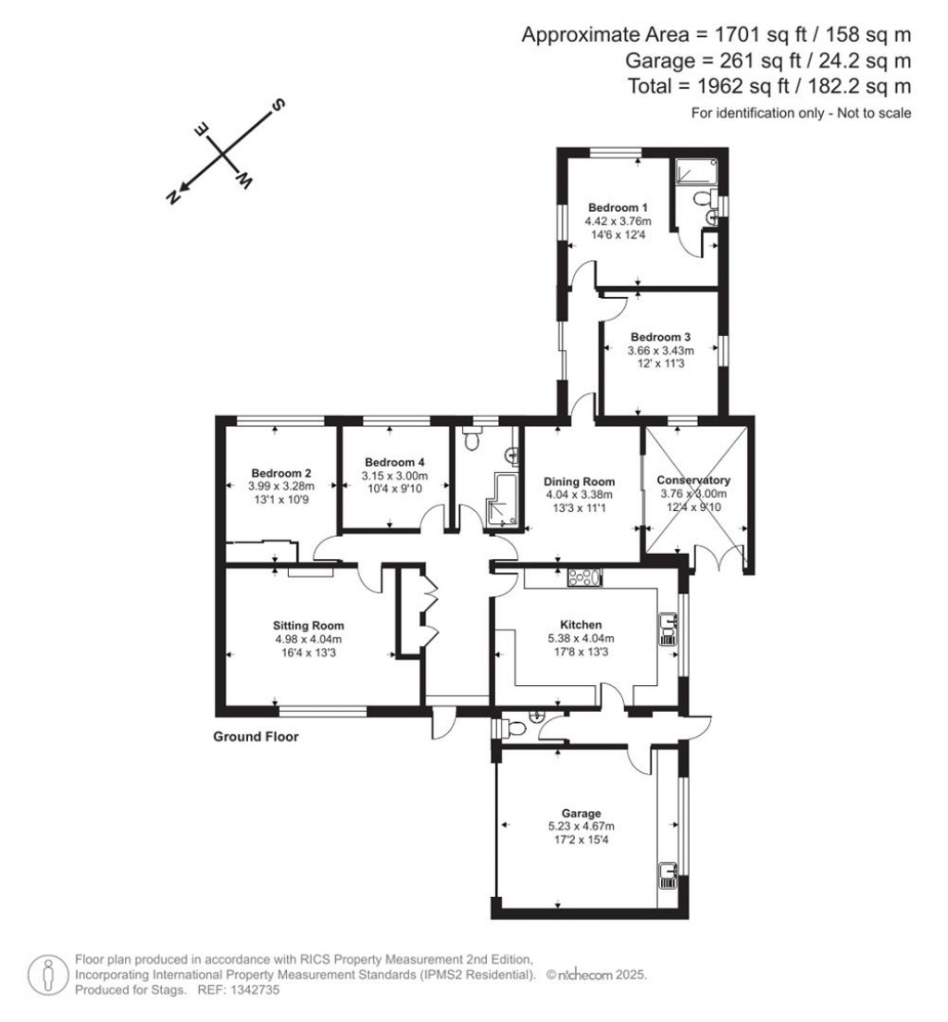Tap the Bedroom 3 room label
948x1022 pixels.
pos(661,337)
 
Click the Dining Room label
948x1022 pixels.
pos(580,481)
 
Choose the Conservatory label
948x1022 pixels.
pos(693,480)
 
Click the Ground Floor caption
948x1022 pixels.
pos(256,737)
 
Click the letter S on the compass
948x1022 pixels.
pos(276,105)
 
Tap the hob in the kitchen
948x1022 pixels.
pos(583,578)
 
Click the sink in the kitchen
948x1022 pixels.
pos(667,629)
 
